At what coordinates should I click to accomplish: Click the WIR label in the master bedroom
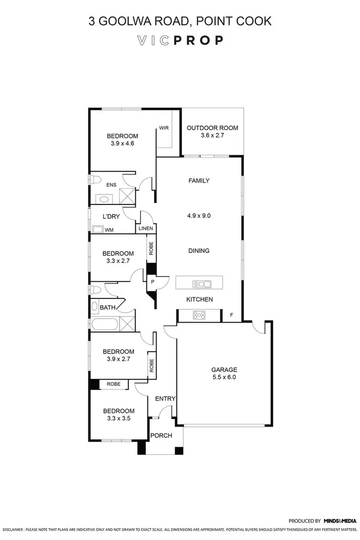164,128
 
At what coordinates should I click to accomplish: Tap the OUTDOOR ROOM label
212,128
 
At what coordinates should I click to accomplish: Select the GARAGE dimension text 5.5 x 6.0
224,377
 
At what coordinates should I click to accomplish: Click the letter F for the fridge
232,315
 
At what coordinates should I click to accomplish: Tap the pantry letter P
152,282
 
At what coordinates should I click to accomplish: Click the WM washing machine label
109,230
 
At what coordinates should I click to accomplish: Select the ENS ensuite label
111,184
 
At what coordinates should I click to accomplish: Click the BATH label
107,307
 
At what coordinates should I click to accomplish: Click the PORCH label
161,436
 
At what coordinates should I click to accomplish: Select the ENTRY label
165,399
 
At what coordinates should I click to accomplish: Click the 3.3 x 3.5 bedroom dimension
119,418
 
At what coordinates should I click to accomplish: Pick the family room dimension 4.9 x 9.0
199,216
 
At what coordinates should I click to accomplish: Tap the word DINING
199,251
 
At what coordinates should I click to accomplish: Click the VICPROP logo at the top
180,40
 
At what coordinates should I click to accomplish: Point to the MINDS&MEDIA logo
340,520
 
